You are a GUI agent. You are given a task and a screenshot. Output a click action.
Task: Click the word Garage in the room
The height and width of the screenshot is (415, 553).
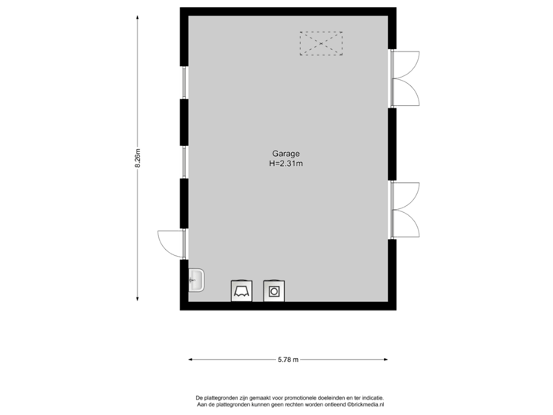click(x=286, y=153)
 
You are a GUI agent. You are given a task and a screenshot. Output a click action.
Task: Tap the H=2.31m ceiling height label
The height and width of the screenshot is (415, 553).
click(x=286, y=163)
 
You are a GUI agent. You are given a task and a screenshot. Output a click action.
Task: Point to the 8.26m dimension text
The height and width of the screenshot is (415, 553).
click(x=137, y=158)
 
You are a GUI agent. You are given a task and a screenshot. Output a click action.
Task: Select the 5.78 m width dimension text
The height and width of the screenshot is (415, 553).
click(x=288, y=359)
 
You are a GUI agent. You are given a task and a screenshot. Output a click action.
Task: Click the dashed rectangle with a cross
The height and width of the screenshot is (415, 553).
click(x=321, y=43)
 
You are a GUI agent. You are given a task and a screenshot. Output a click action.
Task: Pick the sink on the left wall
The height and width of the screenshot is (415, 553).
click(x=196, y=281)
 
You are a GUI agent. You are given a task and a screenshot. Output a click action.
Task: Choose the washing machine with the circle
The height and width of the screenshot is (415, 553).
click(x=273, y=290)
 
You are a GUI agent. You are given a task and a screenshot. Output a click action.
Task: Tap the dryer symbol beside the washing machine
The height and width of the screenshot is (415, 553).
click(x=240, y=290)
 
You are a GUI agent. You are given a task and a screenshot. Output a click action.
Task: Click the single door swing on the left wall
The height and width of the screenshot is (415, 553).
click(x=171, y=243)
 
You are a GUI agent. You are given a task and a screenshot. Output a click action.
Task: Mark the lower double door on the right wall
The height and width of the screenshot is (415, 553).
click(x=405, y=209)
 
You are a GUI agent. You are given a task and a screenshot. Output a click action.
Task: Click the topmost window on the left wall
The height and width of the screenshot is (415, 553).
click(x=184, y=82)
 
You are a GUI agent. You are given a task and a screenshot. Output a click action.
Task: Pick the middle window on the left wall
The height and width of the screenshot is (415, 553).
click(x=184, y=161)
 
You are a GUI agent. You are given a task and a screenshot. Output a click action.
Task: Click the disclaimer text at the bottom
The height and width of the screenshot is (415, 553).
click(x=290, y=401)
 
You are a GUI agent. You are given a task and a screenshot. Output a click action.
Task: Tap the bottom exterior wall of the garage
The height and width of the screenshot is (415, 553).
click(x=288, y=306)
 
